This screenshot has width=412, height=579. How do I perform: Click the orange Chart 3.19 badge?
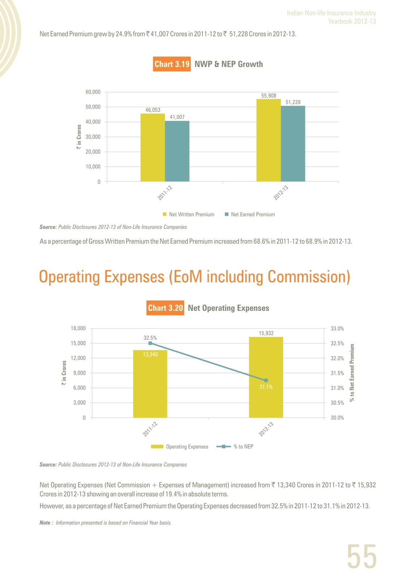(x=172, y=64)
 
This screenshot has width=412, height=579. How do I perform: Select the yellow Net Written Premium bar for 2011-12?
(x=153, y=147)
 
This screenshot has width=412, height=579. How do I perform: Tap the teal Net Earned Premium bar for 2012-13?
(x=293, y=143)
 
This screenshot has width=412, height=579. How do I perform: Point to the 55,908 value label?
(x=269, y=96)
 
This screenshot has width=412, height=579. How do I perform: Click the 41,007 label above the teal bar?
(x=177, y=117)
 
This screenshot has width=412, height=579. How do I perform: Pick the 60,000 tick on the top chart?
(x=93, y=92)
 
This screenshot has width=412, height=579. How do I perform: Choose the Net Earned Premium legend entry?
(x=250, y=214)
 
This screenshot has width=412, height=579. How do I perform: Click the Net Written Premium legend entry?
(x=188, y=214)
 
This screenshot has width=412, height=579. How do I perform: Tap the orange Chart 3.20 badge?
(x=165, y=308)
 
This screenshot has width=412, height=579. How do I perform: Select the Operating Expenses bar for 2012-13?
(x=266, y=377)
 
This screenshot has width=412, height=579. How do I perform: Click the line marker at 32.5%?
(x=150, y=343)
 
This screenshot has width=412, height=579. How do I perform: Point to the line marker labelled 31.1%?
(x=266, y=380)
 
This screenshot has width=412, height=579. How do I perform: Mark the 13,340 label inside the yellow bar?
(x=150, y=354)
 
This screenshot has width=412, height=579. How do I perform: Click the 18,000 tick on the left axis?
(x=78, y=328)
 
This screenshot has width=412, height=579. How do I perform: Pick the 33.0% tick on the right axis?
(x=337, y=329)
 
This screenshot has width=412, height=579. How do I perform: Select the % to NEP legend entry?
(x=235, y=447)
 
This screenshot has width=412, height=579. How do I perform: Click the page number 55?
(x=362, y=556)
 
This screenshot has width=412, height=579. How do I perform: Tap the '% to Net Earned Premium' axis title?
(x=352, y=373)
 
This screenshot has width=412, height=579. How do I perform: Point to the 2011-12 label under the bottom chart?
(x=150, y=429)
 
